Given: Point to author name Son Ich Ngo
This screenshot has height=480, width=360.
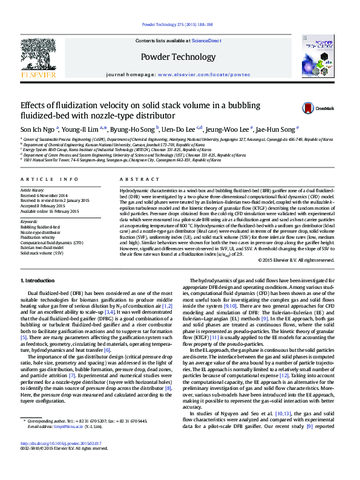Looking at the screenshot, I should pos(38,129).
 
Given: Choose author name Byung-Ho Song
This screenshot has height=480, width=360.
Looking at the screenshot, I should pos(133,129).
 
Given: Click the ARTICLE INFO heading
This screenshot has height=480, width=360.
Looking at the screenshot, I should pos(50,180).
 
